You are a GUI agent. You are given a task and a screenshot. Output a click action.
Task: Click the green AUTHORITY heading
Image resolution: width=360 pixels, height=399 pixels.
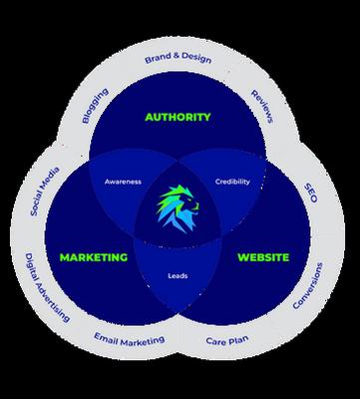[x=179, y=117]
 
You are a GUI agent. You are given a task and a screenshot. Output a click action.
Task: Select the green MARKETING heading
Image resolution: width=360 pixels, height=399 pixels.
[x=94, y=257]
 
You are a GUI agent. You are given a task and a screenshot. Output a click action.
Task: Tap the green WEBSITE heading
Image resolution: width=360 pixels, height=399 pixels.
[x=263, y=257]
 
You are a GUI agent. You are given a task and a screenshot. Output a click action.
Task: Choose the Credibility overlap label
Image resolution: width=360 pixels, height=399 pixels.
[x=232, y=182]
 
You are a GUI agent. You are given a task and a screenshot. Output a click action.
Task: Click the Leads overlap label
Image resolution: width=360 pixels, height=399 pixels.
[x=179, y=276]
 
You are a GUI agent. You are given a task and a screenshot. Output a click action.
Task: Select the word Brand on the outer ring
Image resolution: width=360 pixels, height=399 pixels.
[x=157, y=59]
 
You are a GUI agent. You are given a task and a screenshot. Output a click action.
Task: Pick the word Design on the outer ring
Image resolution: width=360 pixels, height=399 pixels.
[x=197, y=59]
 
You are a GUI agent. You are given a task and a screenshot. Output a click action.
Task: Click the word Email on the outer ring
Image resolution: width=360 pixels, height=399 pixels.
[x=110, y=338]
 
